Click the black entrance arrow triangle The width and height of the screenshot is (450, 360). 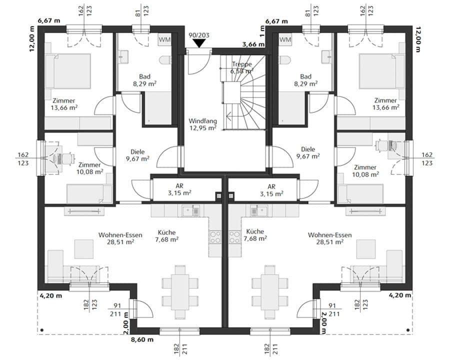pyautogui.click(x=199, y=44)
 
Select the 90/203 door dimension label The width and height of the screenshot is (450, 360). pyautogui.click(x=199, y=35)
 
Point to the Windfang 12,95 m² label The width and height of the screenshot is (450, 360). pyautogui.click(x=202, y=124)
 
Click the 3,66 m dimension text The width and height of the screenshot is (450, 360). pyautogui.click(x=252, y=44)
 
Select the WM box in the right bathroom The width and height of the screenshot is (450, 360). pyautogui.click(x=285, y=39)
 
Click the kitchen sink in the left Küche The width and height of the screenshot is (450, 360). pyautogui.click(x=191, y=211)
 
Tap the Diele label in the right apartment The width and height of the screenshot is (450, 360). pyautogui.click(x=308, y=152)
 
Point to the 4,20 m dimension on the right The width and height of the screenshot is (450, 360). pyautogui.click(x=400, y=295)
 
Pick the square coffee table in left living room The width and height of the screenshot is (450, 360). pyautogui.click(x=83, y=248)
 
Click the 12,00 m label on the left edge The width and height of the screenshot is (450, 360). pyautogui.click(x=32, y=38)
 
